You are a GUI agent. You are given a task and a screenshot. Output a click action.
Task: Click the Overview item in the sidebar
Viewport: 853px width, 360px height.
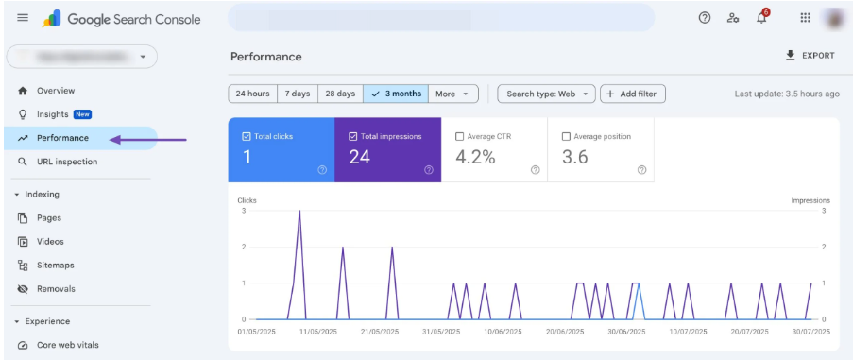point(55,91)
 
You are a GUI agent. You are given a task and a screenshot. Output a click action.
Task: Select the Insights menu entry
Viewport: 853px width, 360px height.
point(53,114)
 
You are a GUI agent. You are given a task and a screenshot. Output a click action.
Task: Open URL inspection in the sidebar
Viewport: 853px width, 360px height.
point(66,162)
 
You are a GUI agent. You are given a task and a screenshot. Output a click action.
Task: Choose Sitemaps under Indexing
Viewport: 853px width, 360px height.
point(55,266)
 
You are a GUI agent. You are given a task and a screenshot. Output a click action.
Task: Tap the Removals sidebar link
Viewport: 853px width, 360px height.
point(55,289)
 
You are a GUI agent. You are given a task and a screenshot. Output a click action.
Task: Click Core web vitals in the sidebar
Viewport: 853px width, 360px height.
point(67,345)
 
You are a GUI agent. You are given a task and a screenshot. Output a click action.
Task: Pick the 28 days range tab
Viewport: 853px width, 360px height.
point(340,94)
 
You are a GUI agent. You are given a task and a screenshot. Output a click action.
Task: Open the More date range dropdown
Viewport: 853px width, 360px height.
point(452,94)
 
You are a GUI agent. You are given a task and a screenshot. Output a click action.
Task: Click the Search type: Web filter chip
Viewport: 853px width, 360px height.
point(546,94)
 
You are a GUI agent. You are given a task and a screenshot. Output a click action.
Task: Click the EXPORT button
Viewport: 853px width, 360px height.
point(810,56)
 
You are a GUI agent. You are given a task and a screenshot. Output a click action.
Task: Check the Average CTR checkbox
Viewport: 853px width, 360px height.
point(460,136)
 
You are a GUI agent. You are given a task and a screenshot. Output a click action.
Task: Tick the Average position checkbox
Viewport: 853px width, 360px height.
point(567,136)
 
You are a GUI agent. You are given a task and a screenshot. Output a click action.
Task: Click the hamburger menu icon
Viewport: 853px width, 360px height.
point(23,18)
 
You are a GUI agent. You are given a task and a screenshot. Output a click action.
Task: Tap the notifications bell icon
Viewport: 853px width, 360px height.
point(761,18)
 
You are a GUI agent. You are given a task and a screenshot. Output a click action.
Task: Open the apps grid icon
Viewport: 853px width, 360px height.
point(805,18)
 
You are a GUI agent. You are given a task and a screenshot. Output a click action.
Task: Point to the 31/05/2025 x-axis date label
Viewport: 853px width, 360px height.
point(441,332)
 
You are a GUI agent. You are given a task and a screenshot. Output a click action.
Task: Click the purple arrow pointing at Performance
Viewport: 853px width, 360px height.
point(147,139)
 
